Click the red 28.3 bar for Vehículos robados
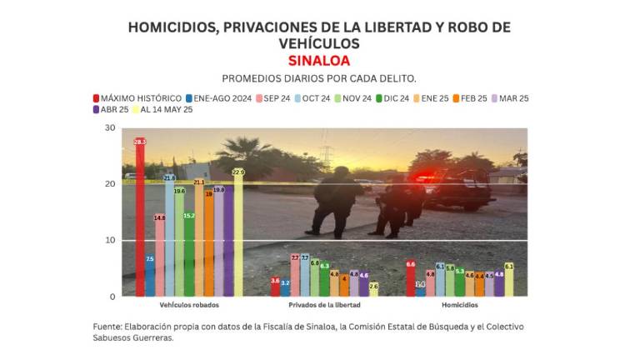point(140,217)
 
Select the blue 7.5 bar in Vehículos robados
point(150,276)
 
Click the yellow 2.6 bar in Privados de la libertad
point(373,290)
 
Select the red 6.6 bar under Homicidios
point(410,279)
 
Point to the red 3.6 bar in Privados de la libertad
point(276,287)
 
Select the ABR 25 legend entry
point(112,110)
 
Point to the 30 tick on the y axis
point(110,127)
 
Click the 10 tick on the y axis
point(110,240)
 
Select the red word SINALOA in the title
point(319,61)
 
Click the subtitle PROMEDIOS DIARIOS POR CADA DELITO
point(320,78)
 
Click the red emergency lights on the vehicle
point(426,177)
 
